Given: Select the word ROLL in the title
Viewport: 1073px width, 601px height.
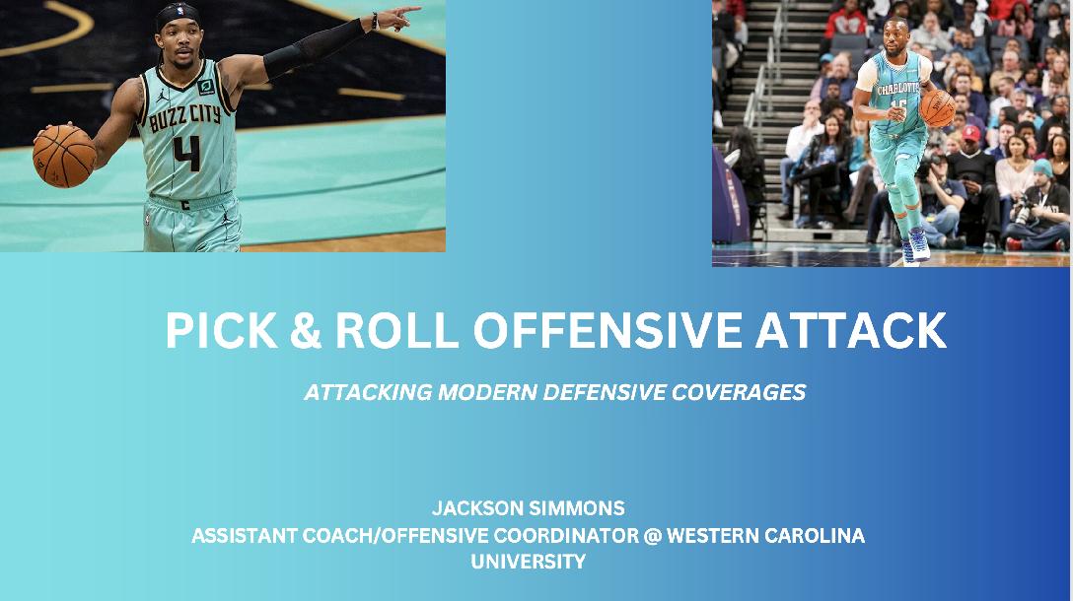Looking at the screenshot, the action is pos(396,330).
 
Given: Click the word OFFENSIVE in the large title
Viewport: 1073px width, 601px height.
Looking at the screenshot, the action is pos(608,330).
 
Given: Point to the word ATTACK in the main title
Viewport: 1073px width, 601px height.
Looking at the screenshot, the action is pos(850,330).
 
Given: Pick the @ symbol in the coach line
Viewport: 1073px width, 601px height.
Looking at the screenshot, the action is pos(653,535).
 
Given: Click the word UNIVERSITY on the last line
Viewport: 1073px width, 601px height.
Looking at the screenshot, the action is pos(529,562).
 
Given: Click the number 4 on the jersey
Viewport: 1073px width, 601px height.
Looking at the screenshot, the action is pos(186,153).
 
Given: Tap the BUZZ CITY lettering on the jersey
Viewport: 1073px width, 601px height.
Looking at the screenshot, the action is pos(184,117).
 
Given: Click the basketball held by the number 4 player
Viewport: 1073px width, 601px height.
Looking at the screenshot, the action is pos(64,156).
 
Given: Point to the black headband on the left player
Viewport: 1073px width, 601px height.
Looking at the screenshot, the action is pos(177,15).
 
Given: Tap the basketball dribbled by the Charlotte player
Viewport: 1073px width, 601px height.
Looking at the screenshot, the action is pos(938,108).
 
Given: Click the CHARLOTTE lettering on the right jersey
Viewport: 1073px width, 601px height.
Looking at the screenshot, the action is pos(898,89).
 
